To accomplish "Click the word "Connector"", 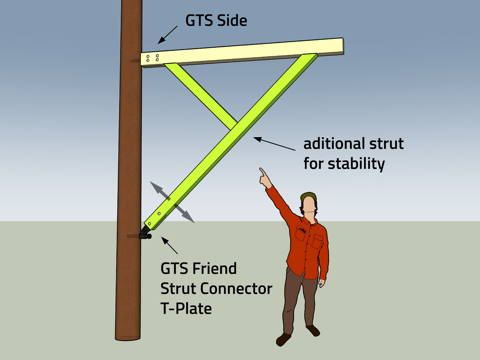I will [x=236, y=289].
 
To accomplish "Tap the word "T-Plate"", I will [x=186, y=309].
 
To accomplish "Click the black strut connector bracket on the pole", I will [x=145, y=234].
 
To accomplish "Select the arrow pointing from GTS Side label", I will [x=167, y=35].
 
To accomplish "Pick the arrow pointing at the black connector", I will [x=169, y=245].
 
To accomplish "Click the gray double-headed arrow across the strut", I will [x=172, y=202].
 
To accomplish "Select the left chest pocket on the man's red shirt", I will [x=300, y=233].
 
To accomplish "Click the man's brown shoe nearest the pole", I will [x=284, y=339].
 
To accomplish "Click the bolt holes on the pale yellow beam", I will [x=152, y=58].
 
